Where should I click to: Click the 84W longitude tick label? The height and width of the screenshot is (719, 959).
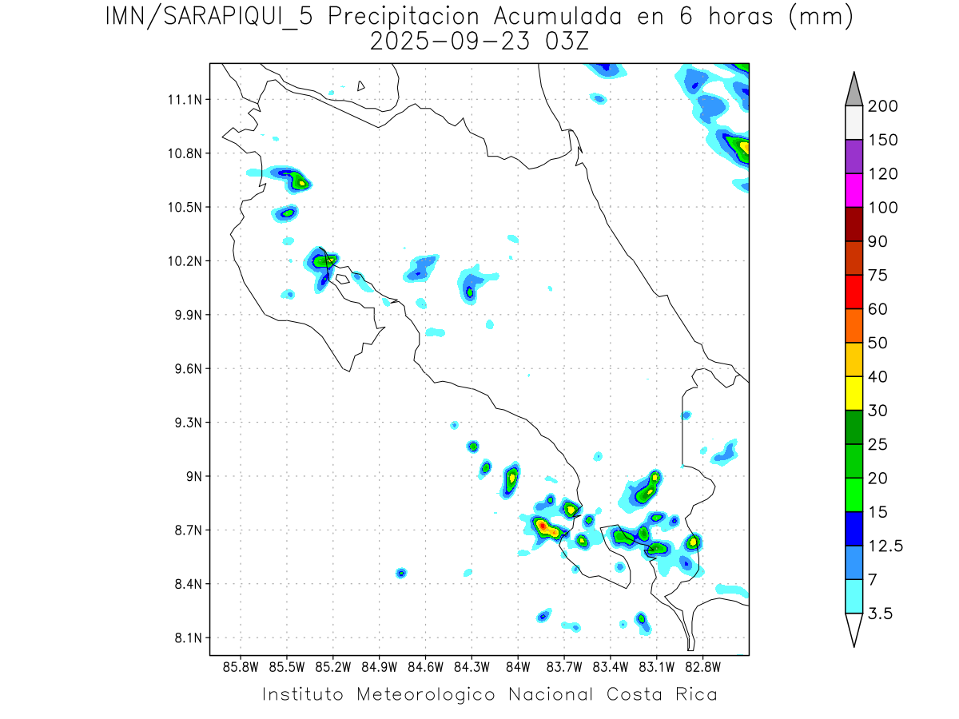[518, 667]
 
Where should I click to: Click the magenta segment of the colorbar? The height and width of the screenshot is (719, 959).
[854, 190]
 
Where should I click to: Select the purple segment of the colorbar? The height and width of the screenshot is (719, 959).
[854, 157]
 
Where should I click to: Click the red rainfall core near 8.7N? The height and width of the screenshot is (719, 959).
[542, 526]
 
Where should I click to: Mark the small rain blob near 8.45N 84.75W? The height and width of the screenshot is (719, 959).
[401, 573]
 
